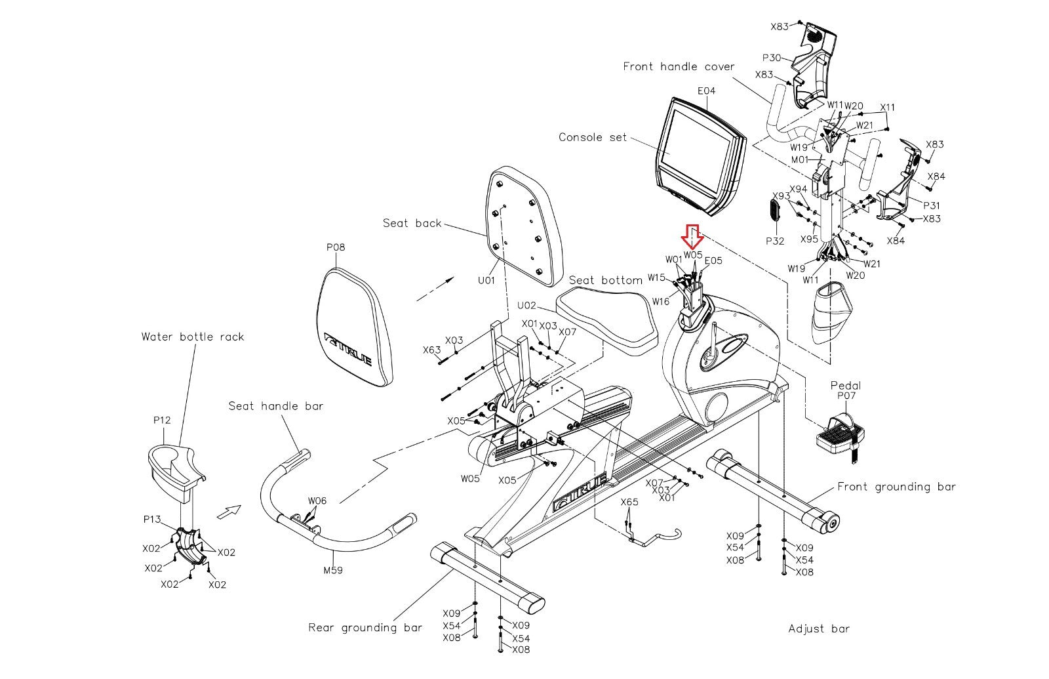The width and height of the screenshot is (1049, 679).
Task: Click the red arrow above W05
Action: (692, 234)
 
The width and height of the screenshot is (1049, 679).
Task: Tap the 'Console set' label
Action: (592, 138)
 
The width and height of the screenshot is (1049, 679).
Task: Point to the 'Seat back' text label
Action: (412, 224)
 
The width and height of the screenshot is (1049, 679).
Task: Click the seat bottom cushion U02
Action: (606, 319)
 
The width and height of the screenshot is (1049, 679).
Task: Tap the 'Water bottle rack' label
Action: (193, 337)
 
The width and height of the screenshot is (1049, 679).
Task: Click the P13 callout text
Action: (152, 520)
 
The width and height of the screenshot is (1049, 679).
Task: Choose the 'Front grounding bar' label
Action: (896, 487)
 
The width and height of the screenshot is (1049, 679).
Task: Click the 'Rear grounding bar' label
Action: (365, 628)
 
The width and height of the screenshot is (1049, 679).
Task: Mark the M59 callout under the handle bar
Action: (333, 570)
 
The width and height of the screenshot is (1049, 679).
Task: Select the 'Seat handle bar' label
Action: (275, 406)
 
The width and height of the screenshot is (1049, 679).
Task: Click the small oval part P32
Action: (774, 213)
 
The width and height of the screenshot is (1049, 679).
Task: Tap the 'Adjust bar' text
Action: (818, 629)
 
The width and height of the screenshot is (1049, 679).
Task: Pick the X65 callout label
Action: (629, 503)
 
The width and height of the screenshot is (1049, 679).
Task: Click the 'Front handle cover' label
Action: (679, 67)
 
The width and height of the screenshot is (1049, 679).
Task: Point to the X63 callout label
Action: (431, 350)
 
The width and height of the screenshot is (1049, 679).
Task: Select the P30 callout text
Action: (771, 58)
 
